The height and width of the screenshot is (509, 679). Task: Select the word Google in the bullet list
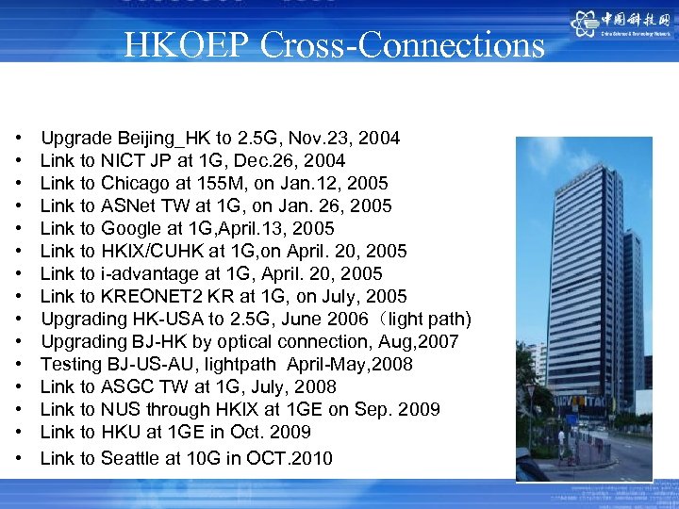coord(129,229)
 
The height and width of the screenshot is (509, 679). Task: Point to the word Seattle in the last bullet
coord(133,459)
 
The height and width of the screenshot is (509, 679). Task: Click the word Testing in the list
coord(72,365)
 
